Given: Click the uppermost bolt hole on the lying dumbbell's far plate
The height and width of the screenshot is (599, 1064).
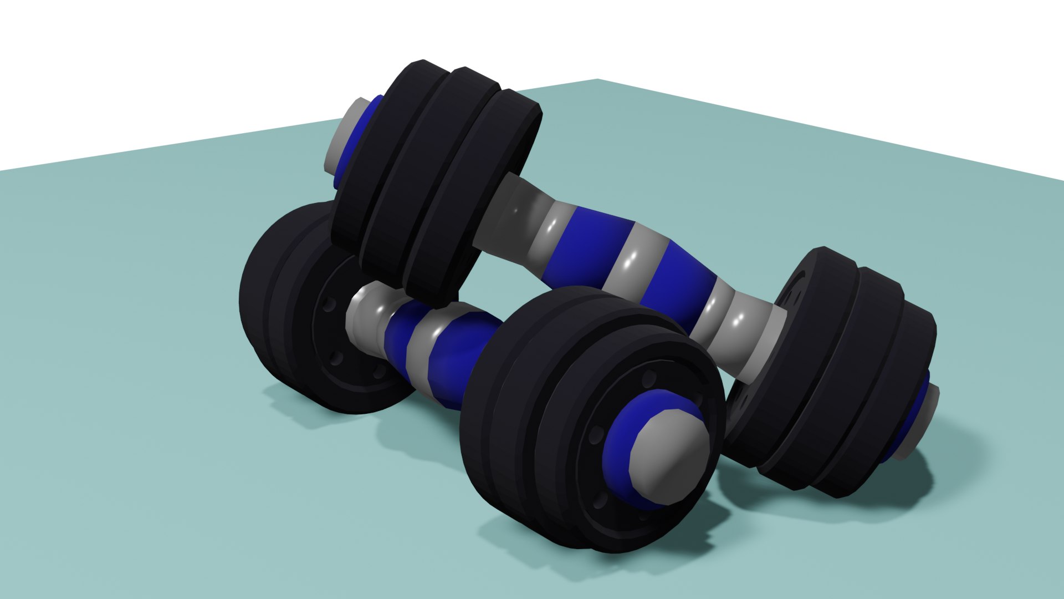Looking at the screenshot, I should pos(331,304).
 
